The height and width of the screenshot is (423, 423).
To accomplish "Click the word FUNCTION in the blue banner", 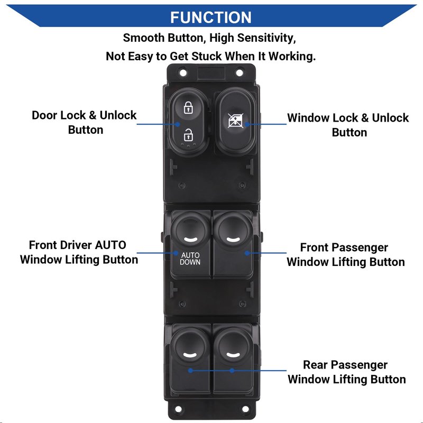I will tap(211, 17).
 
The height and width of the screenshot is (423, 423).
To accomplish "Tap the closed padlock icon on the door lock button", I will tap(188, 108).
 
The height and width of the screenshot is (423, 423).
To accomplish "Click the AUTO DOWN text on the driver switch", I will tap(190, 258).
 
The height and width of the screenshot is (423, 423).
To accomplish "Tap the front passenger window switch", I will tap(233, 243).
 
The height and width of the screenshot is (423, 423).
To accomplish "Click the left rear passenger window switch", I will tap(190, 357).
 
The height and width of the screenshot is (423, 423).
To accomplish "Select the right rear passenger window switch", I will tap(233, 357).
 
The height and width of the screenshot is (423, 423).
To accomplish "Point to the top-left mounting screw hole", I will tap(183, 72).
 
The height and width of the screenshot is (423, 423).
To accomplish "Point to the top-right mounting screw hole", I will tap(240, 72).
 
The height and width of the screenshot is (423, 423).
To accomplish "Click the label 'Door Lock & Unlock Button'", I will tap(85, 122).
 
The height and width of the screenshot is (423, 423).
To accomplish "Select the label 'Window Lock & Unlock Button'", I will tap(348, 125).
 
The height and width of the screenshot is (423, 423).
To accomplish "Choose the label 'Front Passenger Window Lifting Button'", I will tap(345, 254).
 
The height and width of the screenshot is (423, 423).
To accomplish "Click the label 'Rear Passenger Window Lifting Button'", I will tap(346, 372).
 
